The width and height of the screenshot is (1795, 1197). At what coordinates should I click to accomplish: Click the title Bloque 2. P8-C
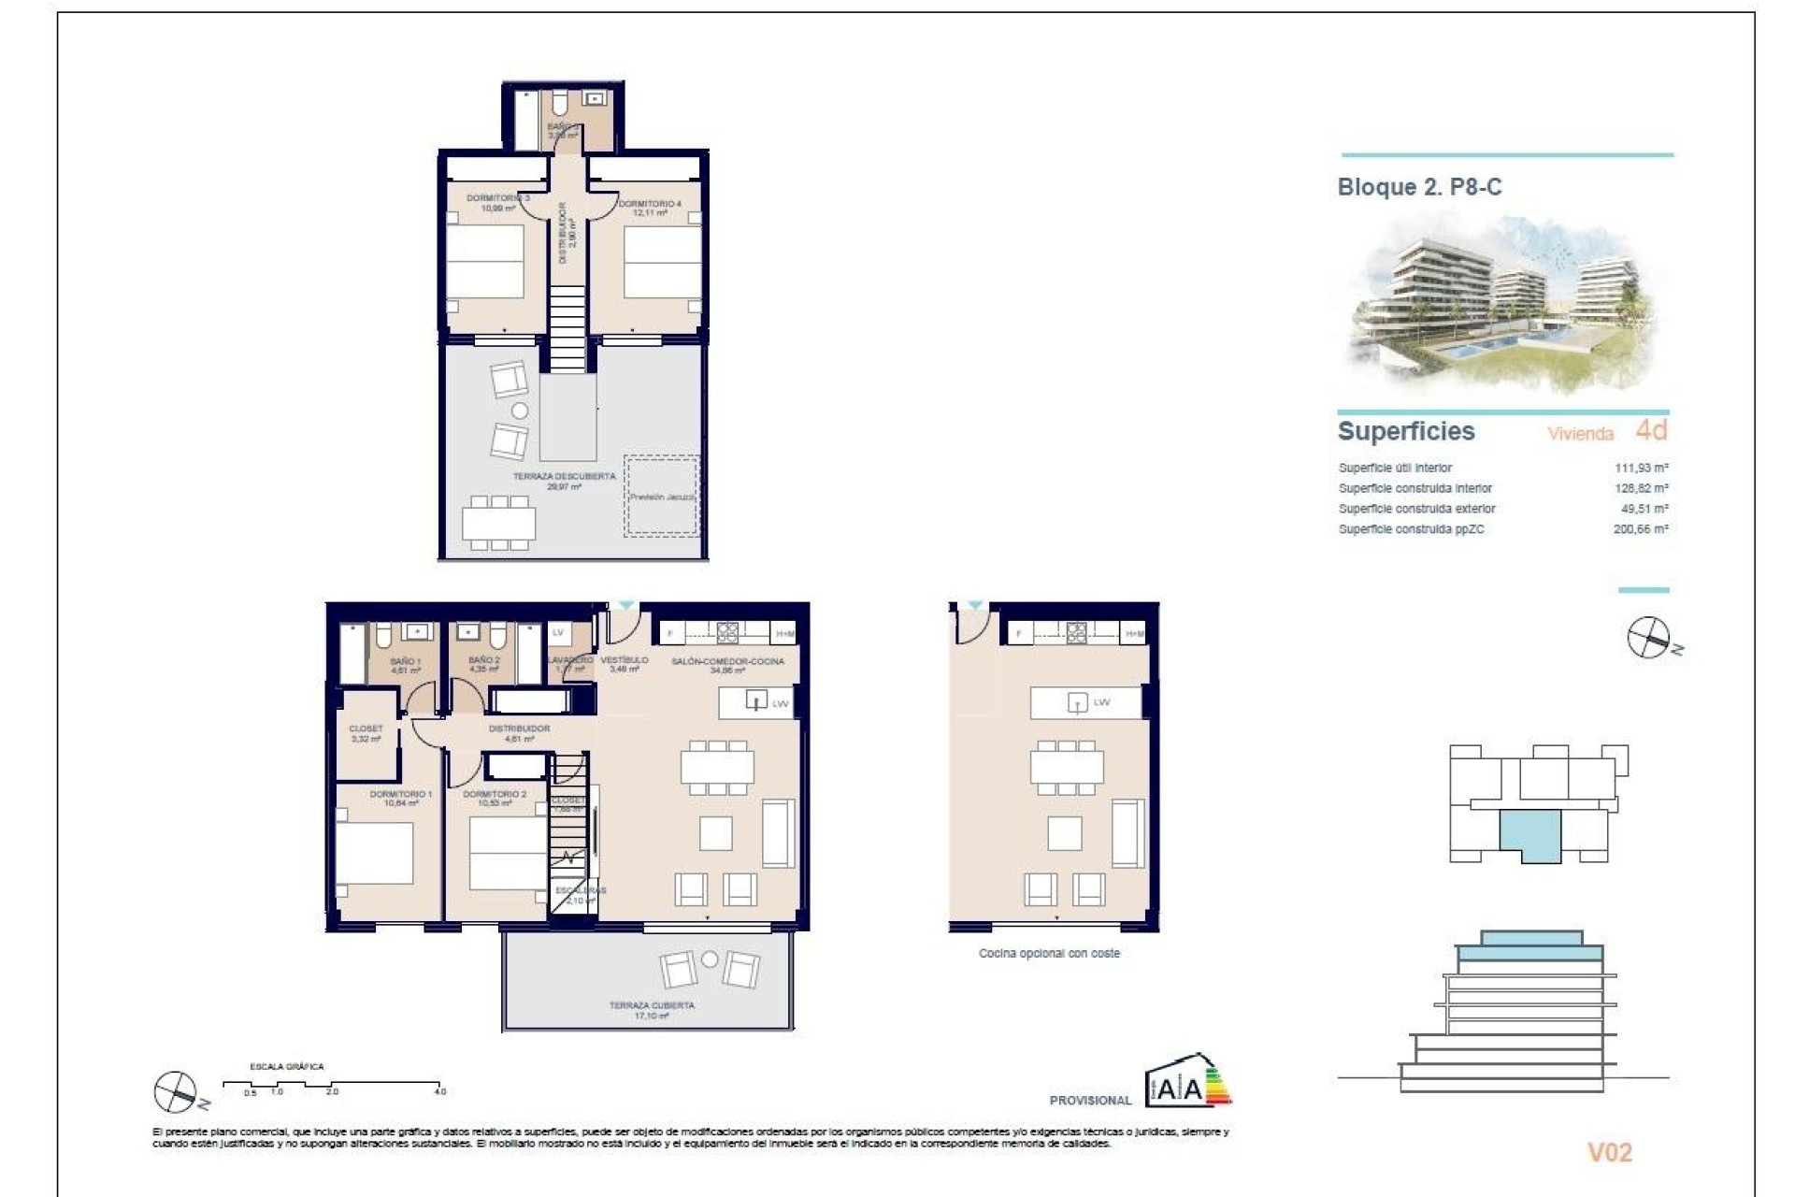click(1418, 187)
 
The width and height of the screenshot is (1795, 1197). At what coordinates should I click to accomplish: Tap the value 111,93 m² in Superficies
click(1641, 468)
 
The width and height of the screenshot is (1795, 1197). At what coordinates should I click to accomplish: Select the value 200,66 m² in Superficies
click(1641, 529)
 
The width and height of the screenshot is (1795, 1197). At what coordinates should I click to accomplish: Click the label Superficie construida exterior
click(1416, 509)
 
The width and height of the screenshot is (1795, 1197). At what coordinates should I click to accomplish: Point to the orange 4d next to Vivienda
click(1651, 430)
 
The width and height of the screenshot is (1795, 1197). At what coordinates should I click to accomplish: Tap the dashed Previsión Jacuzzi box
click(661, 496)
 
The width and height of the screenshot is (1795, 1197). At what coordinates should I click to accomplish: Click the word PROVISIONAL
click(1090, 1101)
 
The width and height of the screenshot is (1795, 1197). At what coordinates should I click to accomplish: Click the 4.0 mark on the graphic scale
click(440, 1090)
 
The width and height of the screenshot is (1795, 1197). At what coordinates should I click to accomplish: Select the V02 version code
click(1609, 1153)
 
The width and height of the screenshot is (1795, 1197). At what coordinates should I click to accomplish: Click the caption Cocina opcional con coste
click(1049, 954)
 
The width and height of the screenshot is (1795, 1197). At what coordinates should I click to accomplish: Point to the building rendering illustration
click(1503, 304)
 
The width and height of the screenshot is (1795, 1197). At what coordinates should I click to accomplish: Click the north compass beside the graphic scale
click(177, 1091)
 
